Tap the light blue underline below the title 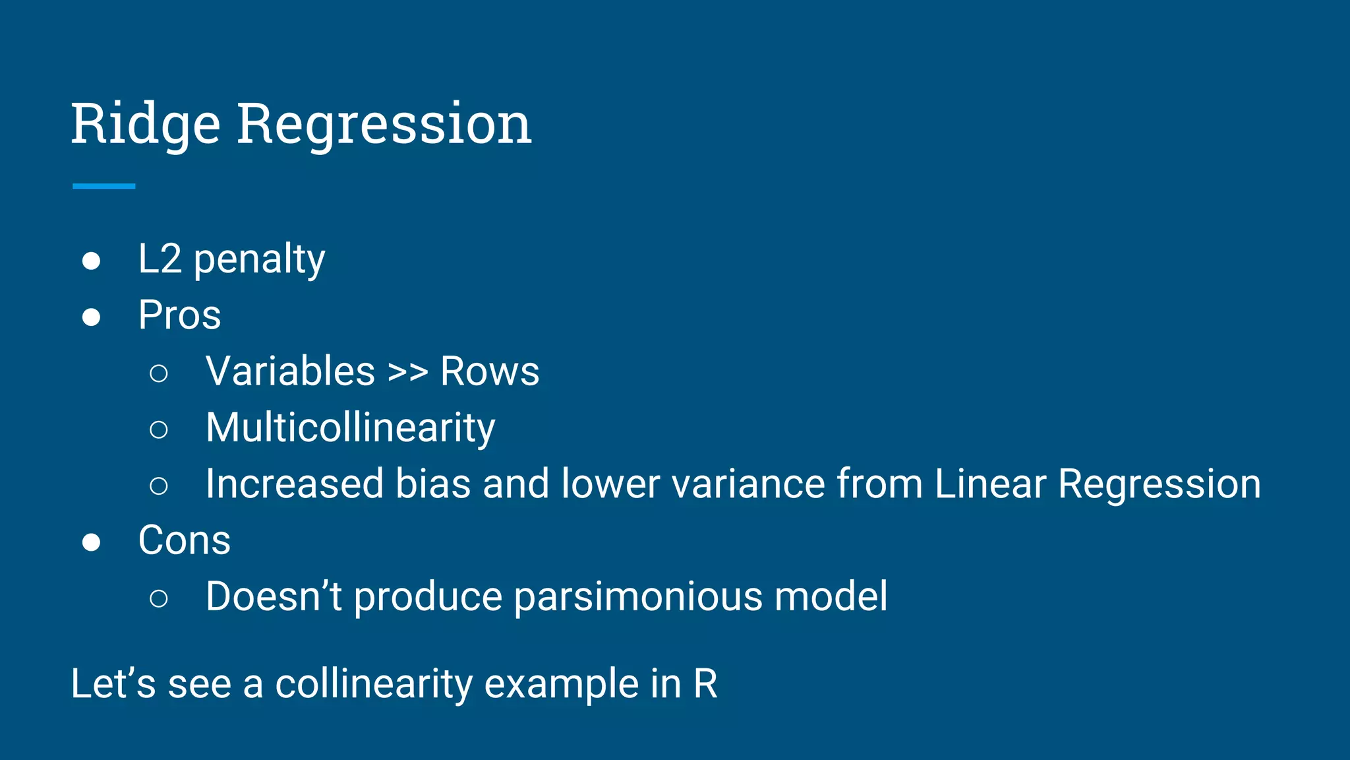tap(103, 186)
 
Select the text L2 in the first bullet tap(160, 259)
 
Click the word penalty tap(259, 260)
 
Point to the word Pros tap(179, 315)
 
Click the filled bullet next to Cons tap(91, 542)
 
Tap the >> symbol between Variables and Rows tap(407, 371)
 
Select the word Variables tap(290, 371)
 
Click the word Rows tap(489, 371)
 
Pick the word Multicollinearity tap(350, 428)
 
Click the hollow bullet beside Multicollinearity tap(158, 429)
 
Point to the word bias tap(432, 484)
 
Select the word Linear tap(989, 484)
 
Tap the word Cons tap(184, 540)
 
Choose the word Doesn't tap(274, 596)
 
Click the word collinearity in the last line tap(373, 684)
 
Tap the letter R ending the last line tap(705, 684)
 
